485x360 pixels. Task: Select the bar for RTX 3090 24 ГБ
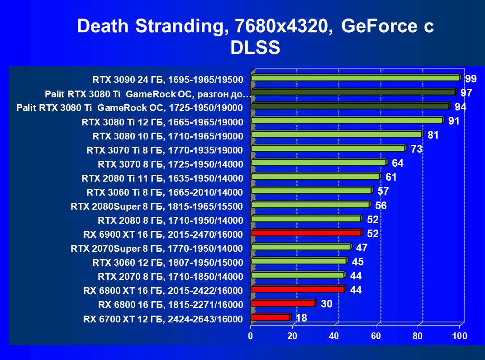(355, 78)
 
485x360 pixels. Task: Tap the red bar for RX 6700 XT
(270, 317)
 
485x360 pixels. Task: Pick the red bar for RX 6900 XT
(306, 233)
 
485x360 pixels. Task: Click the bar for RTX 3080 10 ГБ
(336, 134)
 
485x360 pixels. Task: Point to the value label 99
(471, 79)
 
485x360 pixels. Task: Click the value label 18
(301, 318)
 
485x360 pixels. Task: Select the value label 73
(416, 149)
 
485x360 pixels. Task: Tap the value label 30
(327, 304)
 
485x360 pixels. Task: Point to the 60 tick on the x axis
(376, 336)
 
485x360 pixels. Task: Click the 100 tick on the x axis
(459, 336)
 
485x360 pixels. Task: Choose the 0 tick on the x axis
(251, 336)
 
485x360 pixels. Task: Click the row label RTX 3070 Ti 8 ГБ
(165, 150)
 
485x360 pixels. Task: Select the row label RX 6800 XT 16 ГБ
(163, 290)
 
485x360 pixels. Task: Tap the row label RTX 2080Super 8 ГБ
(157, 206)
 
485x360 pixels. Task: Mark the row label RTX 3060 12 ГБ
(168, 262)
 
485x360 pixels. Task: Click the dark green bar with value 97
(353, 92)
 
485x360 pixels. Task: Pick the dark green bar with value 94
(350, 106)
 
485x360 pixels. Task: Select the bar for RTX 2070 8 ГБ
(297, 275)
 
